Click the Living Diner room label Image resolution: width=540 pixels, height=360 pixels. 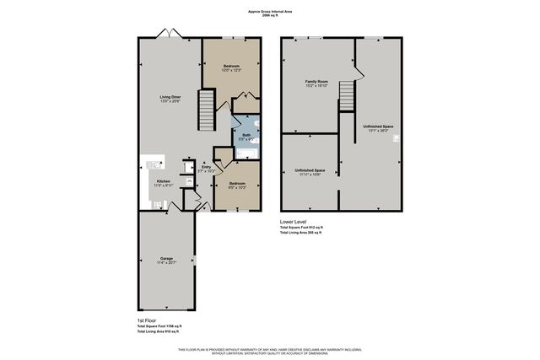coord(170,98)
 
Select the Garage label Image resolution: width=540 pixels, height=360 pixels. coord(166,259)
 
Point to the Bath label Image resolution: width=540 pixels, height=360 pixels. coord(246,134)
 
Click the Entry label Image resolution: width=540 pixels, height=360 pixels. coord(206,168)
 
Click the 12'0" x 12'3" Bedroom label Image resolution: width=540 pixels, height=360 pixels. coord(231,67)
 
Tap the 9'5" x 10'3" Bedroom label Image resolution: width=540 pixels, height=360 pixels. coord(236,184)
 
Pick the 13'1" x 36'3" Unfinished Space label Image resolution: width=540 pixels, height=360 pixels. coord(378,127)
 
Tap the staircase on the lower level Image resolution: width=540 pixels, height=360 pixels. coord(347,94)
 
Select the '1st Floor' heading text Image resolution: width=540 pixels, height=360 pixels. coord(148,320)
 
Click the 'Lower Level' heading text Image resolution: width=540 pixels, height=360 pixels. coord(294,221)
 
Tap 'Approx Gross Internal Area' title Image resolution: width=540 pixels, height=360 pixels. coord(270,12)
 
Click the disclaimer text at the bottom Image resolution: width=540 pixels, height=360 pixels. coord(270,350)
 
